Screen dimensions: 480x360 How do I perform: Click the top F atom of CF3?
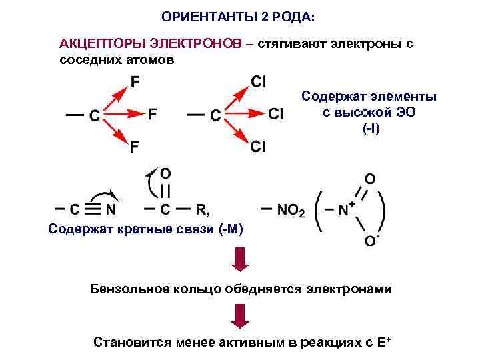(135, 83)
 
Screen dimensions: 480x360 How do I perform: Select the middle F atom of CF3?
(153, 115)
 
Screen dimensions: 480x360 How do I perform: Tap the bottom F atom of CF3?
(135, 146)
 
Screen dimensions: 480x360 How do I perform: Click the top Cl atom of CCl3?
(259, 82)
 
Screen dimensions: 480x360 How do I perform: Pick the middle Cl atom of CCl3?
(276, 115)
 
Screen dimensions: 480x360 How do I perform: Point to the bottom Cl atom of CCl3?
(259, 146)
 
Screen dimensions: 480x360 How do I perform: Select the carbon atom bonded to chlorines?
(216, 115)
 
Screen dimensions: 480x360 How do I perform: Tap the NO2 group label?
(291, 210)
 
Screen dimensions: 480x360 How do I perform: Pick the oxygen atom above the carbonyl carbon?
(165, 172)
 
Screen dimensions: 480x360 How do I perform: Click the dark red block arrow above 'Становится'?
(239, 313)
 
